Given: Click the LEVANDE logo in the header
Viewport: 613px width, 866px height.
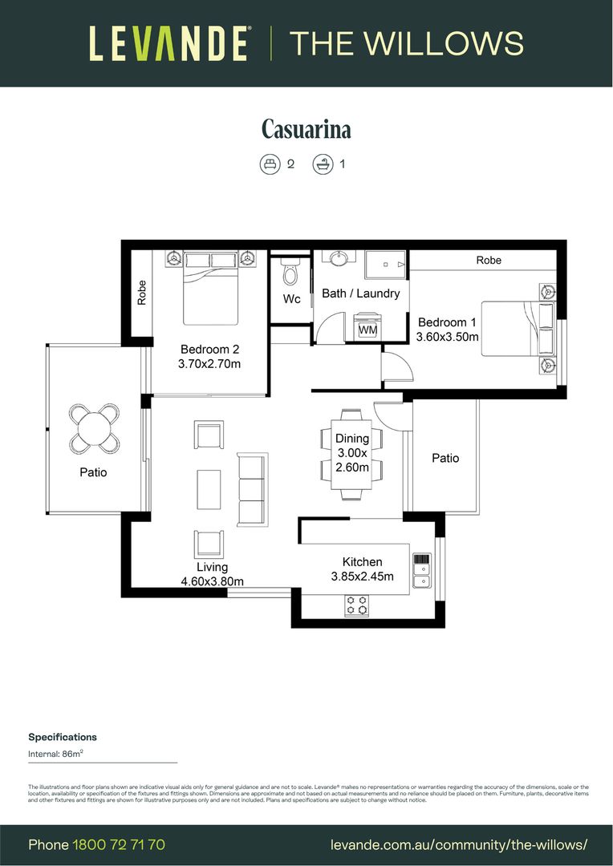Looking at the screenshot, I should [168, 43].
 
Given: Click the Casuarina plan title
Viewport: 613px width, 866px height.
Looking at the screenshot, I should [306, 129].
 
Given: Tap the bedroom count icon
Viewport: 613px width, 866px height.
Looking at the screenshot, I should [269, 164].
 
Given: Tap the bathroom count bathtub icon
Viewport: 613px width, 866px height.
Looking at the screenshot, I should [323, 164].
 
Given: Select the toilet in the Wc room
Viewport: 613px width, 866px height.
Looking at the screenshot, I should [290, 274].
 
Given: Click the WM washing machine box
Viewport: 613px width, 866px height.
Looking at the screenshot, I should [367, 329].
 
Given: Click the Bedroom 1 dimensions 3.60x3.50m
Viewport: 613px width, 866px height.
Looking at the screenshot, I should [447, 337].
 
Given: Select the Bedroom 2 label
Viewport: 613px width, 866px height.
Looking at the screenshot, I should [209, 350].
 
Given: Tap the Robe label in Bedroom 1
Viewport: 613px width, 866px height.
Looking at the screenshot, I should [489, 260].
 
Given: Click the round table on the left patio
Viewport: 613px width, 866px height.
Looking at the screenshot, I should [95, 427].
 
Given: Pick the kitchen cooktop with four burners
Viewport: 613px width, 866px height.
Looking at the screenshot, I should [357, 605].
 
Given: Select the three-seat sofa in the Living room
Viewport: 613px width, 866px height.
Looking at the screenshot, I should [251, 490].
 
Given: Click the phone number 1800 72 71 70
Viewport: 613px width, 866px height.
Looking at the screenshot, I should [119, 844].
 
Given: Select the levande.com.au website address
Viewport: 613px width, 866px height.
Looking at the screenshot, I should [459, 844].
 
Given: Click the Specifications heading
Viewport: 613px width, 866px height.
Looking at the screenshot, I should [63, 737].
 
